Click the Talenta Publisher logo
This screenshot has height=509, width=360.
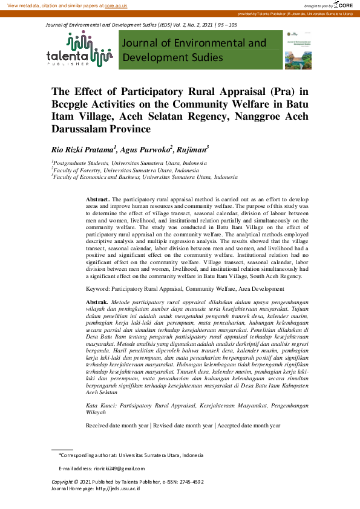79,50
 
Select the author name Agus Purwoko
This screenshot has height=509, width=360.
146,149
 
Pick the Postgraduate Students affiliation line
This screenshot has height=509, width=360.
130,163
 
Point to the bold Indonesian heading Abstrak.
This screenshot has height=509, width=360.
97,301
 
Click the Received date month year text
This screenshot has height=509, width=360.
118,426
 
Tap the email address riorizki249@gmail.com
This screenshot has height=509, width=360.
119,468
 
